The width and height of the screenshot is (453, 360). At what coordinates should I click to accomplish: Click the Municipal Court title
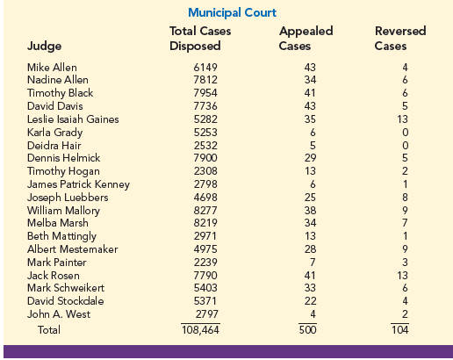232,13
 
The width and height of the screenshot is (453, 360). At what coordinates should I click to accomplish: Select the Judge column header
44,47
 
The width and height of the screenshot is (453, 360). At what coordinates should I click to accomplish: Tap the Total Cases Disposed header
200,39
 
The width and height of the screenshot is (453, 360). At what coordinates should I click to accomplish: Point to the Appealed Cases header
306,39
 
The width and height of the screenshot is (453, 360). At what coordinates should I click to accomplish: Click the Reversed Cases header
400,39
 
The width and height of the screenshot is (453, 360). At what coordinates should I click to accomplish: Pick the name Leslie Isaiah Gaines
73,119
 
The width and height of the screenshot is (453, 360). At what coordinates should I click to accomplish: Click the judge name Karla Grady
54,133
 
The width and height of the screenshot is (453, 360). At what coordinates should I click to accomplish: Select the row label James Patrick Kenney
78,184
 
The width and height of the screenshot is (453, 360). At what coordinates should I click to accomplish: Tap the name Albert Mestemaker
72,249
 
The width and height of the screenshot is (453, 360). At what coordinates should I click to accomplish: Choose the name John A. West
59,314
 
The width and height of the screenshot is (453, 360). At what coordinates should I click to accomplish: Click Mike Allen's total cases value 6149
205,68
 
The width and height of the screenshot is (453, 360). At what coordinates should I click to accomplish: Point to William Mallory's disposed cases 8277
205,211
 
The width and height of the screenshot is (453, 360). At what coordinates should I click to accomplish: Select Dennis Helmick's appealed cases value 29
310,158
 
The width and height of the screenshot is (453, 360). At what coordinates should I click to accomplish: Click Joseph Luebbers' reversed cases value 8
405,198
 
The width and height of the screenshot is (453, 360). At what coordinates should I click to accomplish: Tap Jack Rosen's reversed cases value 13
402,276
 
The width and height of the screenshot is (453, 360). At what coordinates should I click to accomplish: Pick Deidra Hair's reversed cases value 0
405,146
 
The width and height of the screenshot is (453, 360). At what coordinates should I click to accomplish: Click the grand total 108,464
200,330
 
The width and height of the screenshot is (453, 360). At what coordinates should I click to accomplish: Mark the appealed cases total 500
307,330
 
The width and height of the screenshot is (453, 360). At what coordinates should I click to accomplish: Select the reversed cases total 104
399,330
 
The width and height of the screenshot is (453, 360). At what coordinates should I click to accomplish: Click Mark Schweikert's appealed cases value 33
310,288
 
